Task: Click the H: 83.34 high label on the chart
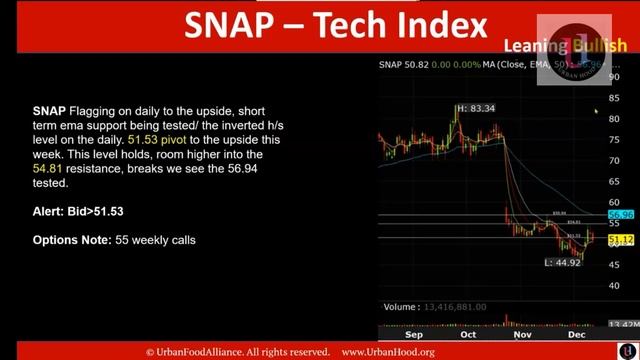[475, 108]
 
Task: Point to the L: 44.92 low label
[562, 262]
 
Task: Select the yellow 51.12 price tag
[621, 240]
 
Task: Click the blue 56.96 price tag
[621, 214]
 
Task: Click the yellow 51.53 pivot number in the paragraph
[144, 141]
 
